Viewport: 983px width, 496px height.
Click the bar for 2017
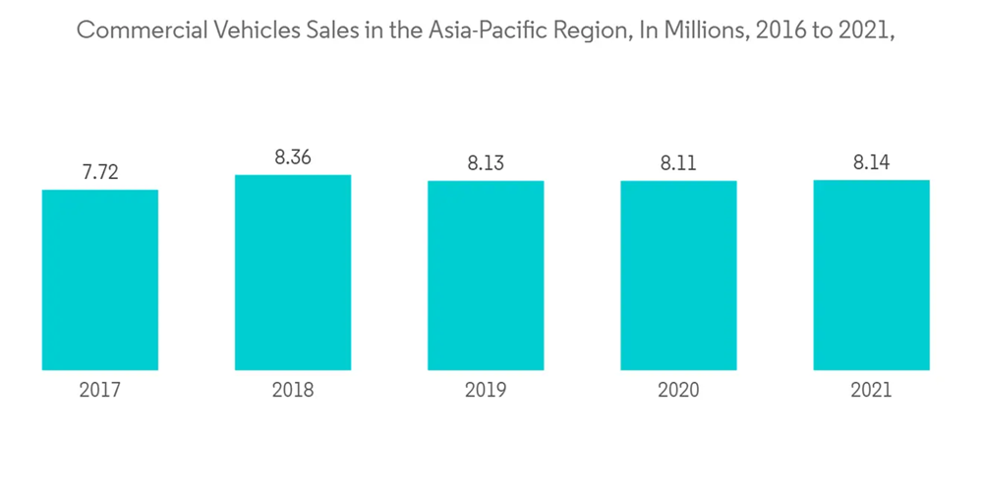(100, 279)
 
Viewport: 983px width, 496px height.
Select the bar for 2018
(293, 273)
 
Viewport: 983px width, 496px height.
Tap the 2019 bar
(486, 276)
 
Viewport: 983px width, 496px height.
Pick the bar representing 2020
(678, 276)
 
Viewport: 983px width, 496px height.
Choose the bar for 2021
(871, 276)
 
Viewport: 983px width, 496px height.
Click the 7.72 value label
(100, 171)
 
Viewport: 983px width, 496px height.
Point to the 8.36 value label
(293, 156)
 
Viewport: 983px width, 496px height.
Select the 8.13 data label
(486, 162)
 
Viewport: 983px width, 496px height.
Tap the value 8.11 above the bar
(678, 162)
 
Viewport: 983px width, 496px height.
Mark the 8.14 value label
(871, 162)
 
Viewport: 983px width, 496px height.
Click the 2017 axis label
(100, 391)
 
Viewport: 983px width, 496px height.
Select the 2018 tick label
(293, 391)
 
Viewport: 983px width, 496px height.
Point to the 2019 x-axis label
(486, 391)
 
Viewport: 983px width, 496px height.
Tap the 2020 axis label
(678, 391)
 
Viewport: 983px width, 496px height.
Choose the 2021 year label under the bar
(871, 391)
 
